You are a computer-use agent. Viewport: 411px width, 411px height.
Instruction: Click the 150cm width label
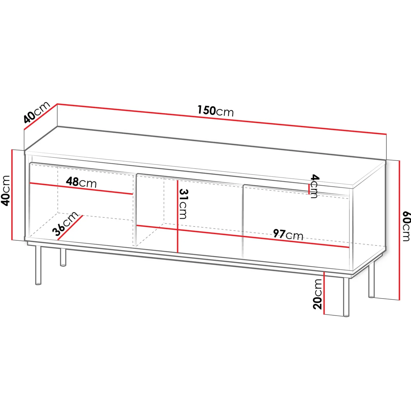click(x=216, y=111)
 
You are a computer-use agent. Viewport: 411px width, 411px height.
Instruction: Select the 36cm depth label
click(x=65, y=223)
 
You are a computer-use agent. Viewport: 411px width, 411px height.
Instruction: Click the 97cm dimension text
click(x=288, y=234)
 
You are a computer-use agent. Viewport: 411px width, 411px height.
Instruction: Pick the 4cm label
click(x=314, y=186)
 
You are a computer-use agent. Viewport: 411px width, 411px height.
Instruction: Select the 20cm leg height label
click(x=317, y=294)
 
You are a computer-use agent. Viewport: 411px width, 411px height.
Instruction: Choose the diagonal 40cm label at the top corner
click(x=36, y=112)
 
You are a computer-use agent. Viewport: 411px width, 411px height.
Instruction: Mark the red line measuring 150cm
click(x=222, y=119)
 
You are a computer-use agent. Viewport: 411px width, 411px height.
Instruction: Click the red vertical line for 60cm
click(x=399, y=230)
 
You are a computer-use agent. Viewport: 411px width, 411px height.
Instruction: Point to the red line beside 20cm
click(x=324, y=293)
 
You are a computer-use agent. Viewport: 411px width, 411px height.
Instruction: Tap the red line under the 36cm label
click(x=70, y=228)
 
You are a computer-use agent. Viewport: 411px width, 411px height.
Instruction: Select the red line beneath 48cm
click(x=81, y=189)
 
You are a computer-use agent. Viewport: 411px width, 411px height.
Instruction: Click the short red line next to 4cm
click(x=309, y=189)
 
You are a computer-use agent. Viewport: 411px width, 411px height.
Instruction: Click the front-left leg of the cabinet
click(x=38, y=265)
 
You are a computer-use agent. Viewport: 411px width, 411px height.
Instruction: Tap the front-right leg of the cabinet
click(x=346, y=297)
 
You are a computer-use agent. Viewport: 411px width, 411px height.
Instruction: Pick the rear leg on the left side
click(x=63, y=257)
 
